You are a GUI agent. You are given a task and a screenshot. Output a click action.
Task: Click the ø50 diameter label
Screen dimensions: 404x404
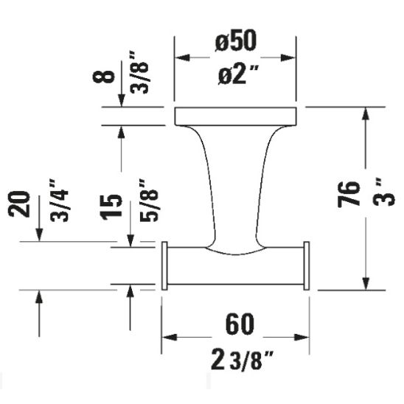(x=236, y=42)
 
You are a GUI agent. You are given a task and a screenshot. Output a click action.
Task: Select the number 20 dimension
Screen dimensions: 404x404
(x=22, y=205)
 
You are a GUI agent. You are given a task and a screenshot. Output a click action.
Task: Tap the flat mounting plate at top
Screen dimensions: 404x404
(x=234, y=116)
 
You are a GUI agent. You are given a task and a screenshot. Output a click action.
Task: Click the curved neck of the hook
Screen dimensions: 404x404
(x=234, y=184)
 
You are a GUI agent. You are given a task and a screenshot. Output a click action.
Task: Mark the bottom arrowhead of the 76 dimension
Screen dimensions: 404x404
(x=365, y=284)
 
